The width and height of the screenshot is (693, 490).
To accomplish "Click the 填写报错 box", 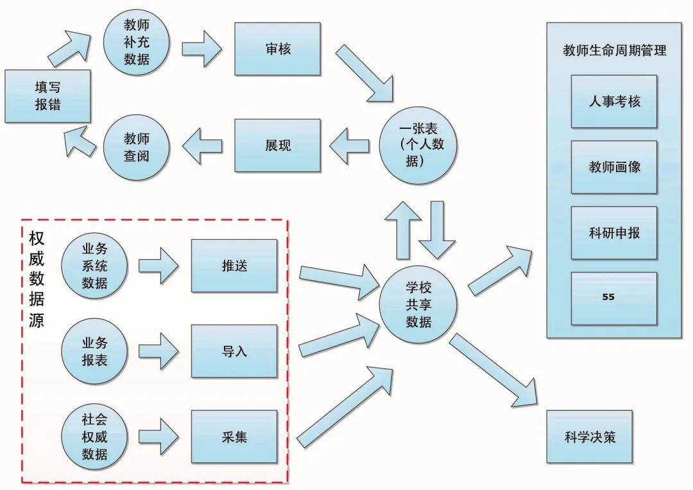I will pyautogui.click(x=47, y=96).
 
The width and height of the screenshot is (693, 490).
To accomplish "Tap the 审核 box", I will pyautogui.click(x=277, y=49).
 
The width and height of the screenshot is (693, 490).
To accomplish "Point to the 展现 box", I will pyautogui.click(x=277, y=145).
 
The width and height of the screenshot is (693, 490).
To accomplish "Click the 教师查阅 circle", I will pyautogui.click(x=136, y=147).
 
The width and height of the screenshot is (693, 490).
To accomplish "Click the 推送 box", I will pyautogui.click(x=234, y=266).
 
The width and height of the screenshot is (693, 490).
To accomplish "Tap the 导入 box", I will pyautogui.click(x=234, y=351).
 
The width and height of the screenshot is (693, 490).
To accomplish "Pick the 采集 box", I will pyautogui.click(x=234, y=437).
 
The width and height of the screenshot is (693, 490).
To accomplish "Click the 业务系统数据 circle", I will pyautogui.click(x=94, y=266).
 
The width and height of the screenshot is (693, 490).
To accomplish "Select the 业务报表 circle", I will pyautogui.click(x=94, y=351).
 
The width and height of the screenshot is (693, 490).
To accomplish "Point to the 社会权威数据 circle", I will pyautogui.click(x=94, y=437).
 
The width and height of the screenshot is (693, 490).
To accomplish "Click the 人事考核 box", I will pyautogui.click(x=614, y=101).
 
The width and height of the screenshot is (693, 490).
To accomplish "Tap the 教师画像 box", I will pyautogui.click(x=614, y=167).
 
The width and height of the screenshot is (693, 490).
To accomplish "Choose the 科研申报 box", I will pyautogui.click(x=614, y=233).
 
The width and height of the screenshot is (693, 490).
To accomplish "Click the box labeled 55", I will pyautogui.click(x=614, y=298).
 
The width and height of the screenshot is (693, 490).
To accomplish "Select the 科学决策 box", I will pyautogui.click(x=589, y=437).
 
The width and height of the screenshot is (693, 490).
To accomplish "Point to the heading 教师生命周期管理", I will pyautogui.click(x=614, y=51).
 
